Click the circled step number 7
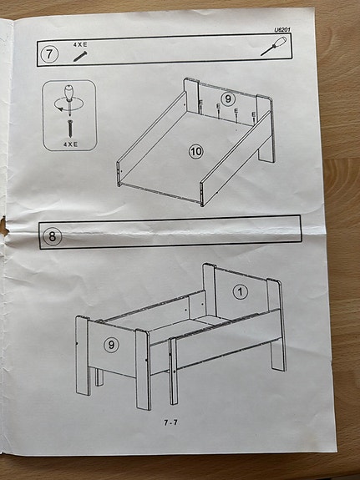(x=50, y=55)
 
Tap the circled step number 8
(x=53, y=236)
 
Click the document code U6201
(x=284, y=31)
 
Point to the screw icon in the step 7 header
(x=81, y=56)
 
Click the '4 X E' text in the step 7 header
(x=80, y=44)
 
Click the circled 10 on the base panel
(x=196, y=151)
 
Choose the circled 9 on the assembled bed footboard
(x=112, y=343)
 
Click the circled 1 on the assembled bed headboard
(x=241, y=291)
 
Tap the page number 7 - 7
(x=170, y=422)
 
